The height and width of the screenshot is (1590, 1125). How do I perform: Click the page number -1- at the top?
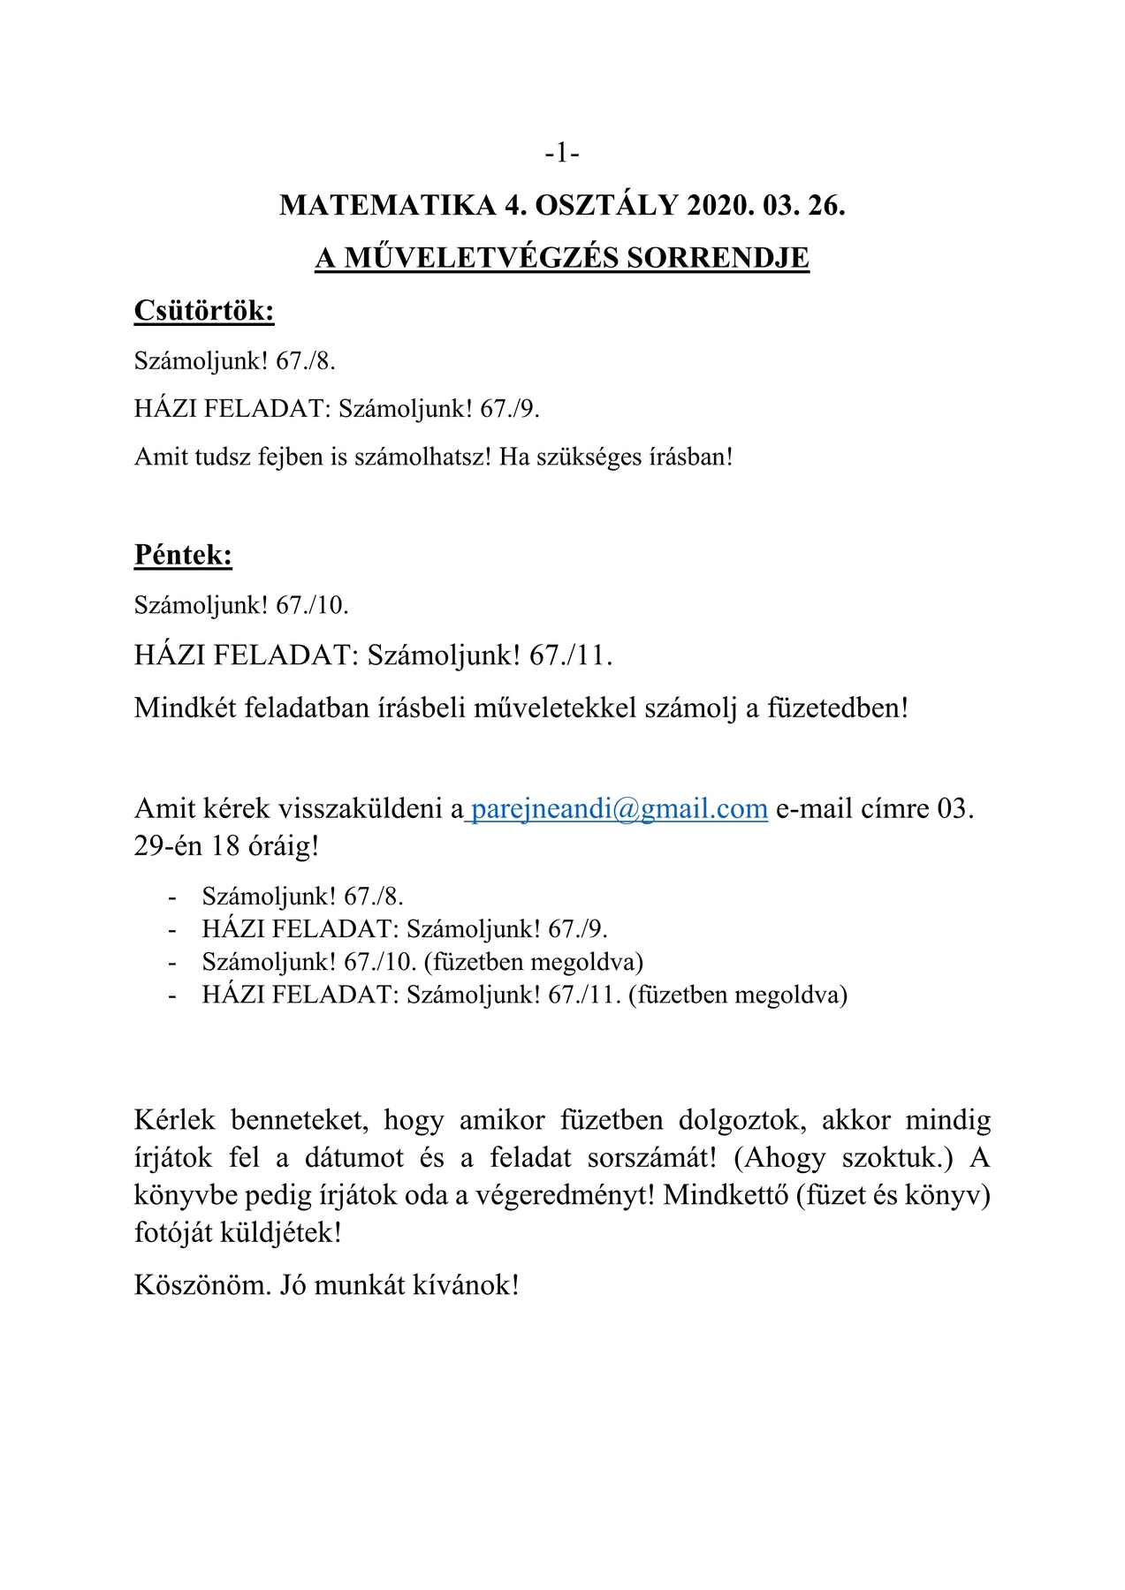[x=562, y=154]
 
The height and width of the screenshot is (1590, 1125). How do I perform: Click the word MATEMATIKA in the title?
[x=388, y=206]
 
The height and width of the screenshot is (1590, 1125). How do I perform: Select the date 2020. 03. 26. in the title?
[x=766, y=206]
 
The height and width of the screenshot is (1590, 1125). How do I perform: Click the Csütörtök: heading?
[x=204, y=310]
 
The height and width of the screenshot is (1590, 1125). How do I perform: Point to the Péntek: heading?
[x=183, y=555]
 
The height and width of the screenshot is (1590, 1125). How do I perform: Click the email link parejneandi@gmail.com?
[x=619, y=808]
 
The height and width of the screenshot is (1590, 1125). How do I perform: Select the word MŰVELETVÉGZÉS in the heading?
[x=482, y=258]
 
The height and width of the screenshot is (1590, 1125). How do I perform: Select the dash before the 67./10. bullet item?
[x=172, y=962]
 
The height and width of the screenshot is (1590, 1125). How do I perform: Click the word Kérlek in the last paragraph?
[x=175, y=1120]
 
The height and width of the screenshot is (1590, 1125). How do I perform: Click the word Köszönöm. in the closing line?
[x=202, y=1284]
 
